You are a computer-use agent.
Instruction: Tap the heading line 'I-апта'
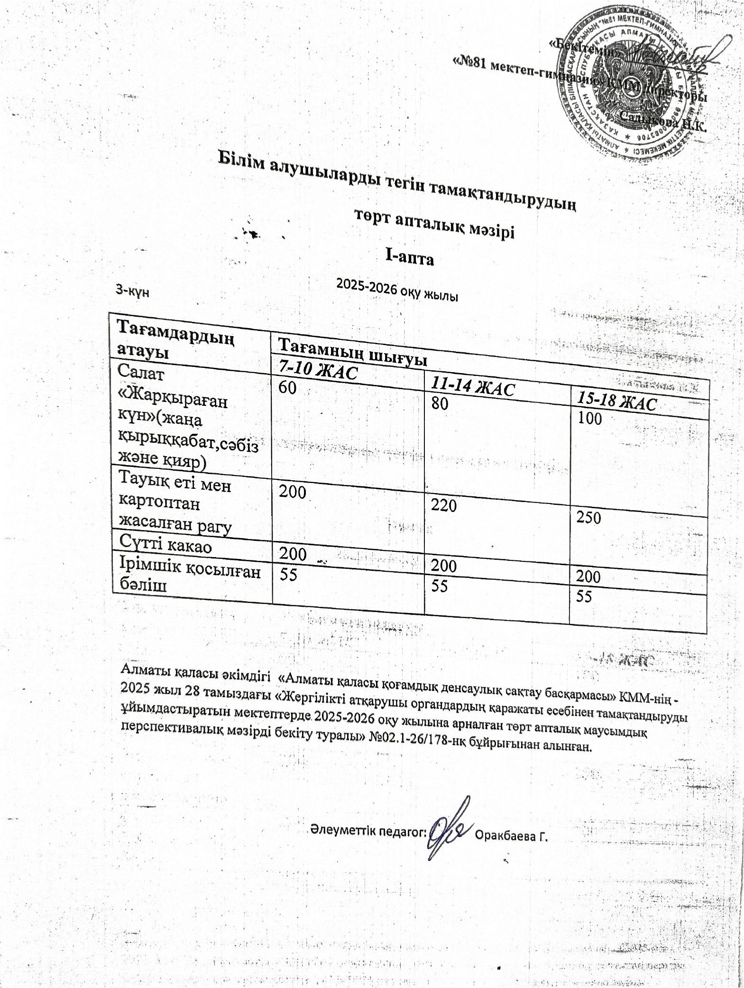coord(410,258)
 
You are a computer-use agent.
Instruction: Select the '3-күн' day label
coord(133,291)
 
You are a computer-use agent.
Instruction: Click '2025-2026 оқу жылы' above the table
coord(397,289)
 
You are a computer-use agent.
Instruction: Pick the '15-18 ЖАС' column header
coord(616,403)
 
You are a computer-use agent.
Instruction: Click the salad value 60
coord(287,388)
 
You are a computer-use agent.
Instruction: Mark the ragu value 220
coord(444,506)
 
